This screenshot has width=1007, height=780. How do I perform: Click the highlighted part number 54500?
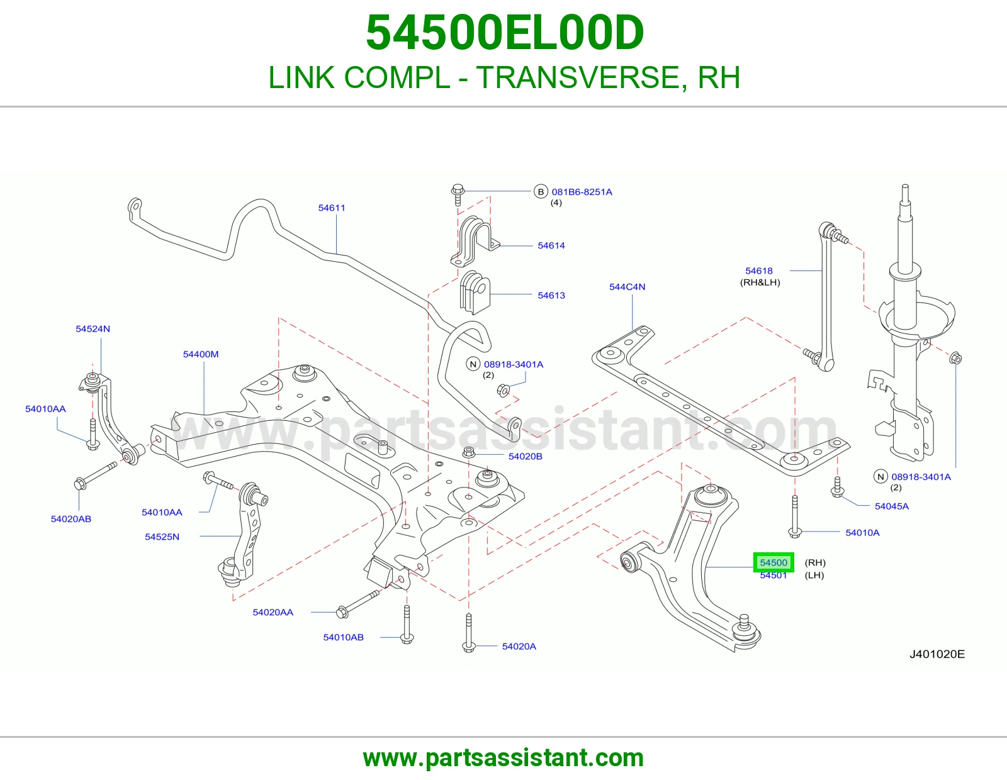[x=774, y=562]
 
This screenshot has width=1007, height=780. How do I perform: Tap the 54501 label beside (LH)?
[x=774, y=576]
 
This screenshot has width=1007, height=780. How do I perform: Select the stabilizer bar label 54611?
[x=332, y=208]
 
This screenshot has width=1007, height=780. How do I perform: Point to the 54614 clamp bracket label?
[x=551, y=245]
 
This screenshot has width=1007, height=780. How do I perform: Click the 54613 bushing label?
[x=551, y=296]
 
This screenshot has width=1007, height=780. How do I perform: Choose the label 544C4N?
[x=627, y=287]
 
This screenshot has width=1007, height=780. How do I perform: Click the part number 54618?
[x=759, y=270]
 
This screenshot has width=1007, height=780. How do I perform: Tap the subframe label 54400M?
[x=201, y=354]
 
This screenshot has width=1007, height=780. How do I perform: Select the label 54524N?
[x=93, y=329]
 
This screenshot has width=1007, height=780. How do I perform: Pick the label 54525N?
[x=162, y=537]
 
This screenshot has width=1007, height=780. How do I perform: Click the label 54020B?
[x=525, y=456]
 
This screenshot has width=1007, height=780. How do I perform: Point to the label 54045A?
[x=892, y=506]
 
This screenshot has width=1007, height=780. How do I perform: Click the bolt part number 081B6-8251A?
[x=582, y=192]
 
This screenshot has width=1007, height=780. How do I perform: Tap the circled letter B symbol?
[x=541, y=191]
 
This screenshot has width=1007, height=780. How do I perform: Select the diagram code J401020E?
[x=937, y=654]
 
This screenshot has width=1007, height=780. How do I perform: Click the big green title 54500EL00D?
[x=505, y=33]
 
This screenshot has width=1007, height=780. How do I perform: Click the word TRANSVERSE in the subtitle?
[x=578, y=77]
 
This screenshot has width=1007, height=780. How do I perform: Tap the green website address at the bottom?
[x=503, y=758]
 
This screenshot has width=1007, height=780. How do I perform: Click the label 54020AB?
[x=71, y=519]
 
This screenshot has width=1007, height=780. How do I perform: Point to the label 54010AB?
[x=344, y=637]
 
